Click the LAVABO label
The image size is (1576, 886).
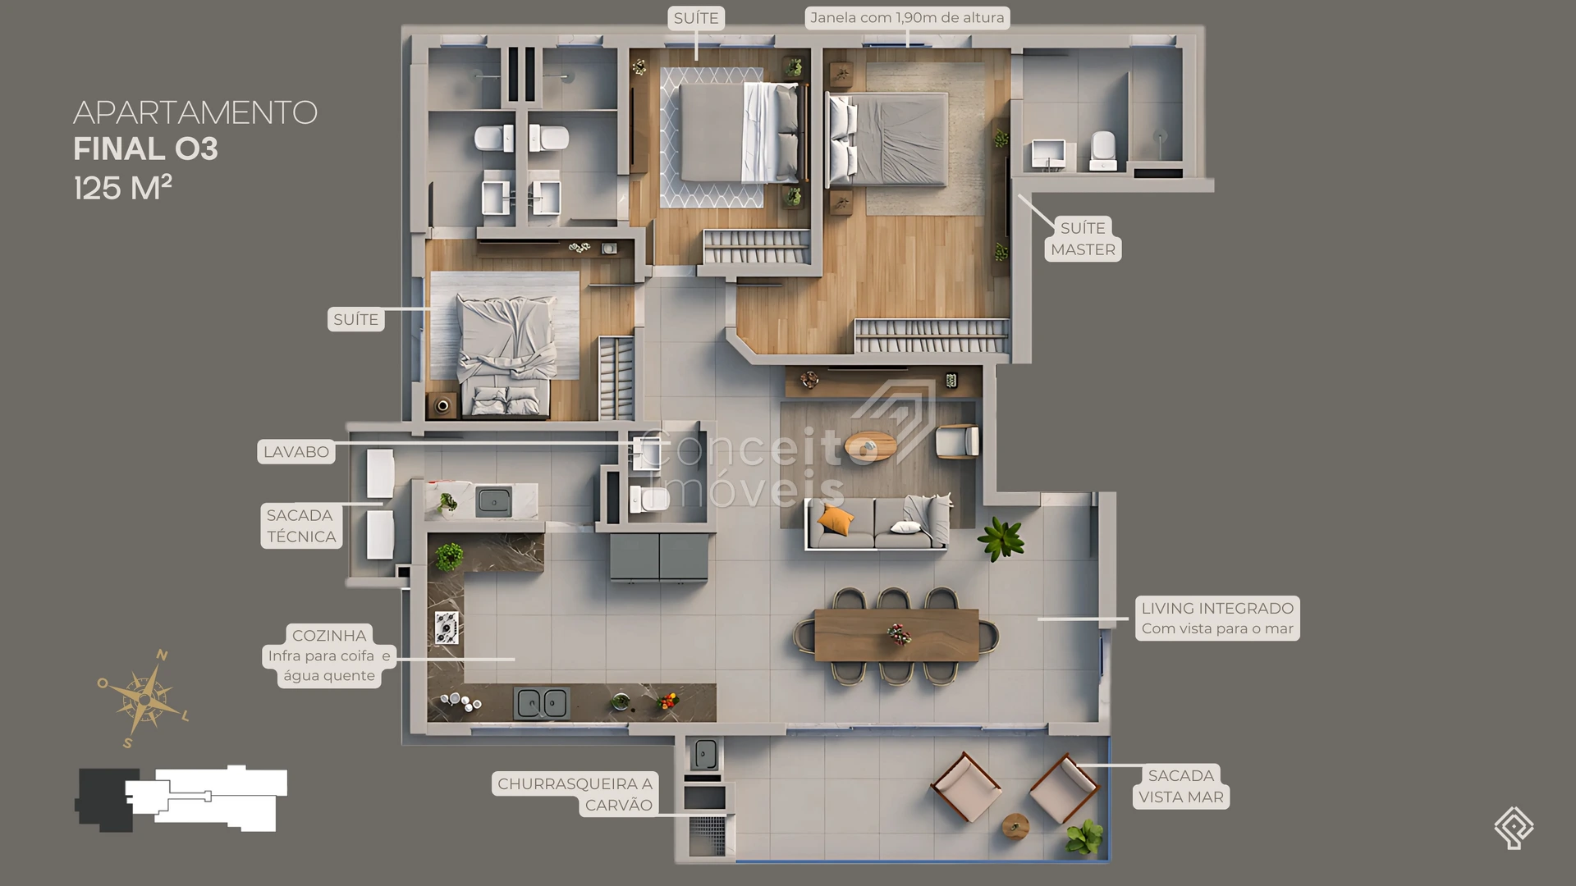click(296, 452)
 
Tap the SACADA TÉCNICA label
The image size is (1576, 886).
click(301, 526)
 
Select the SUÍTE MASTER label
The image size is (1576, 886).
click(1083, 239)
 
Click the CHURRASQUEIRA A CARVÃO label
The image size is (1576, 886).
click(575, 794)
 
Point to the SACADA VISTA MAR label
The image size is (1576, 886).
click(1181, 786)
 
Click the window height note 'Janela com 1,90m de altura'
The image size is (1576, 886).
click(907, 18)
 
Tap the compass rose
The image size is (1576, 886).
click(144, 699)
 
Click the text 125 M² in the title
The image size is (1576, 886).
click(123, 188)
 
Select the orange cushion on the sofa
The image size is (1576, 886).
click(836, 520)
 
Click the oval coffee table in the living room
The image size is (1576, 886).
click(871, 446)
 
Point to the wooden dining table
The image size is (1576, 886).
click(896, 634)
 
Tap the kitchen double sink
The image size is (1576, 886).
click(542, 703)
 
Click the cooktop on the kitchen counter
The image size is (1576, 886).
click(447, 628)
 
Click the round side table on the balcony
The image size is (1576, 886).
click(1015, 825)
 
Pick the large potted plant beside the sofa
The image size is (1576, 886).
click(1001, 539)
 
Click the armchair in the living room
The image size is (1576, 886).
click(958, 442)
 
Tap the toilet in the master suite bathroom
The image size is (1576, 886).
click(1103, 150)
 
